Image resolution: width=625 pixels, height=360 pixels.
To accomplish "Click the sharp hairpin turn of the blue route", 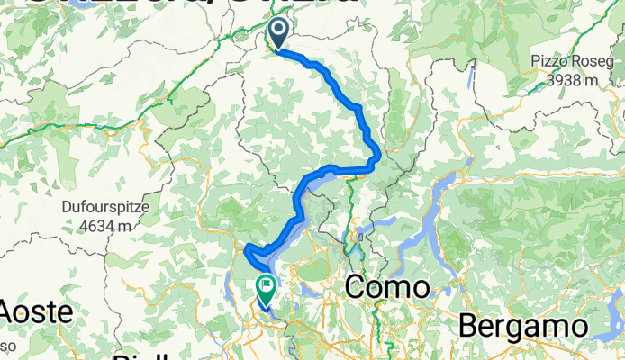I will pyautogui.click(x=247, y=247).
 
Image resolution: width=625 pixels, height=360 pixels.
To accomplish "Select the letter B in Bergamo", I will pyautogui.click(x=469, y=325).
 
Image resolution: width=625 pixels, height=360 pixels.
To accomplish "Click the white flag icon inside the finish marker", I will pyautogui.click(x=267, y=285).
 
